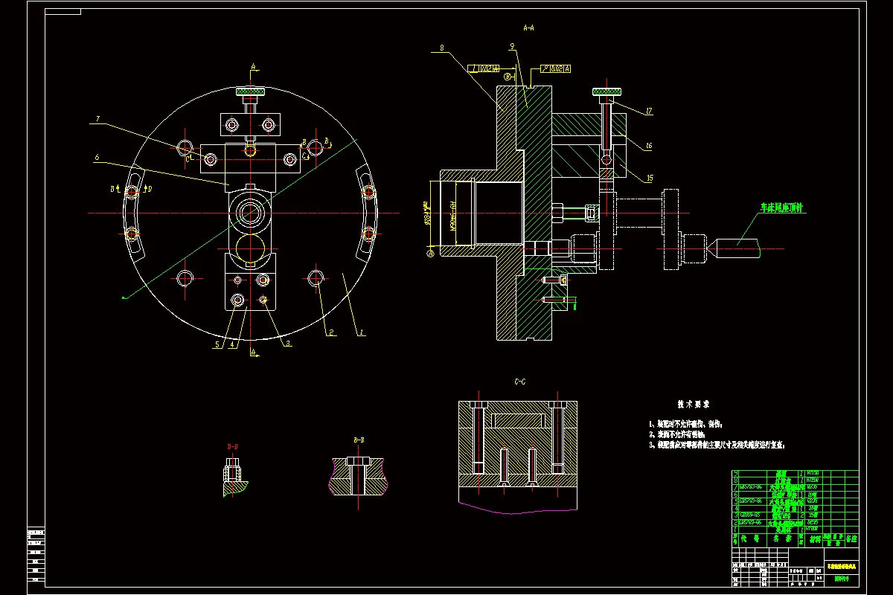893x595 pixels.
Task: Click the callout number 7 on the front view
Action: pyautogui.click(x=97, y=119)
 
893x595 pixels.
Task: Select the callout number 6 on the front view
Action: pyautogui.click(x=97, y=157)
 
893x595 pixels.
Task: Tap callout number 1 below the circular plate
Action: pyautogui.click(x=362, y=334)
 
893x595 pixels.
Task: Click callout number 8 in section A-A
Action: pyautogui.click(x=442, y=48)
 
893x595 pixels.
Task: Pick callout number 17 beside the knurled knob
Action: pyautogui.click(x=649, y=112)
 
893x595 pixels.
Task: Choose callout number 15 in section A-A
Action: pyautogui.click(x=649, y=178)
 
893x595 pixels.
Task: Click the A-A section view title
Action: pyautogui.click(x=528, y=28)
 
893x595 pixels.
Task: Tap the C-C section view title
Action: pyautogui.click(x=520, y=382)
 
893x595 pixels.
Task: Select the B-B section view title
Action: pyautogui.click(x=359, y=440)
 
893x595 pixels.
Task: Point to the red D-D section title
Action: pyautogui.click(x=232, y=446)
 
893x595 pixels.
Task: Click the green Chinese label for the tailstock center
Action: pyautogui.click(x=782, y=208)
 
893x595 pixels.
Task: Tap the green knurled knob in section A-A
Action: pyautogui.click(x=607, y=91)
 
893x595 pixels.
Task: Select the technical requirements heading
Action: pyautogui.click(x=694, y=405)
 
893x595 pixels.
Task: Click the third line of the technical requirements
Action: pyautogui.click(x=717, y=445)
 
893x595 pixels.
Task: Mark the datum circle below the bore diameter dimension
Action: pyautogui.click(x=430, y=253)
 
